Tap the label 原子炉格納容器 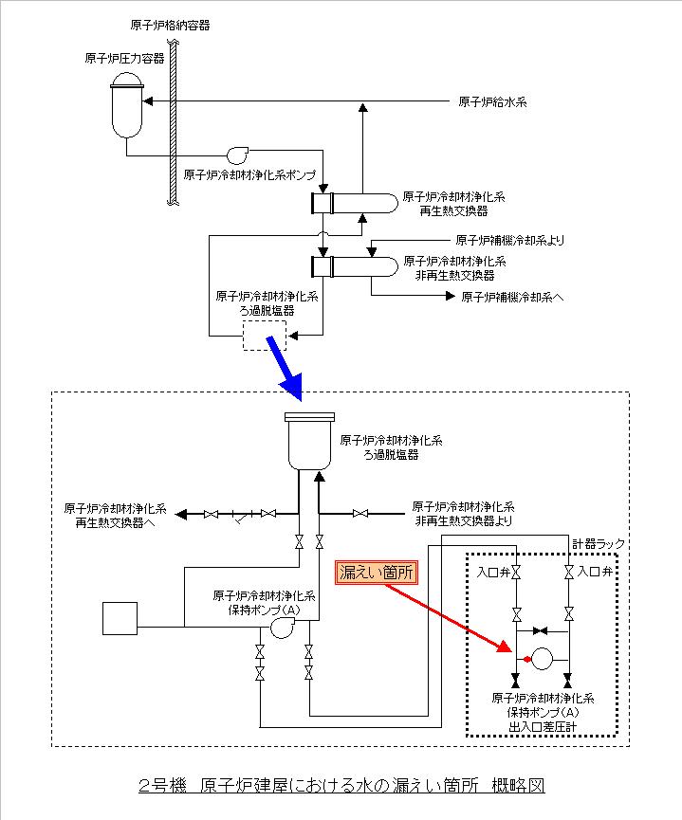pyautogui.click(x=170, y=23)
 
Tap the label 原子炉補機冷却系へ pyautogui.click(x=512, y=297)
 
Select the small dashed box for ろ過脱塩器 pyautogui.click(x=263, y=336)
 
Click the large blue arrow pyautogui.click(x=286, y=365)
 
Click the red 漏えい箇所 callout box pyautogui.click(x=378, y=573)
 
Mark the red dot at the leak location pyautogui.click(x=526, y=658)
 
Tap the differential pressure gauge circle pyautogui.click(x=543, y=658)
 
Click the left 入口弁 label pyautogui.click(x=492, y=573)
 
